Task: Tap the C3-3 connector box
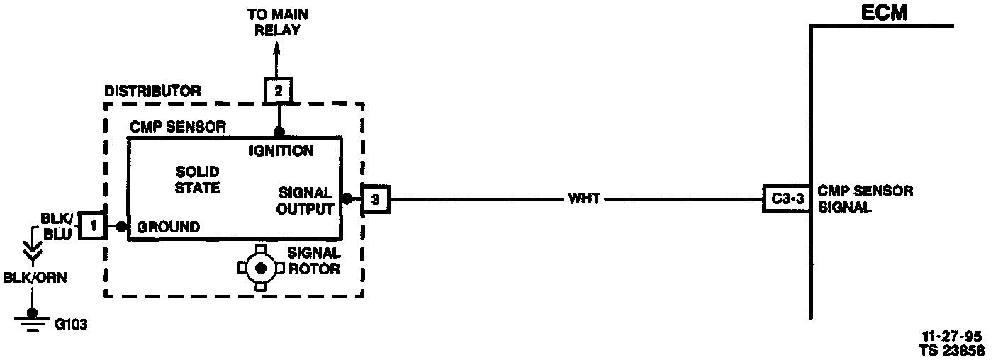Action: (x=787, y=199)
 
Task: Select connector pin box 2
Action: (x=277, y=91)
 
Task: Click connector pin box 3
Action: (x=375, y=200)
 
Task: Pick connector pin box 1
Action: (x=92, y=227)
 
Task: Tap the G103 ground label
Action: (x=71, y=325)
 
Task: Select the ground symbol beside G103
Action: (x=30, y=322)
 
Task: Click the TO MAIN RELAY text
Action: (x=277, y=22)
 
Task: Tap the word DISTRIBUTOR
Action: (x=152, y=91)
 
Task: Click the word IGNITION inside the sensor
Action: (x=281, y=150)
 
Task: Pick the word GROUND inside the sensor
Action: (x=168, y=227)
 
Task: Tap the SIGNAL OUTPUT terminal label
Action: (x=305, y=201)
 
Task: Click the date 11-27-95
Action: (x=951, y=337)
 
